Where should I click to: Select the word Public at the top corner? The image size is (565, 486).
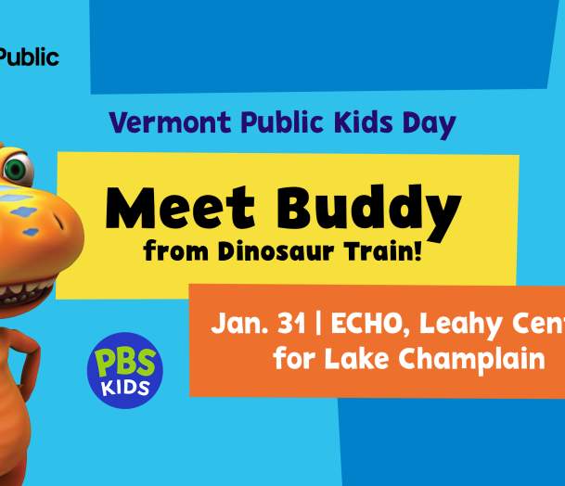tap(29, 58)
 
